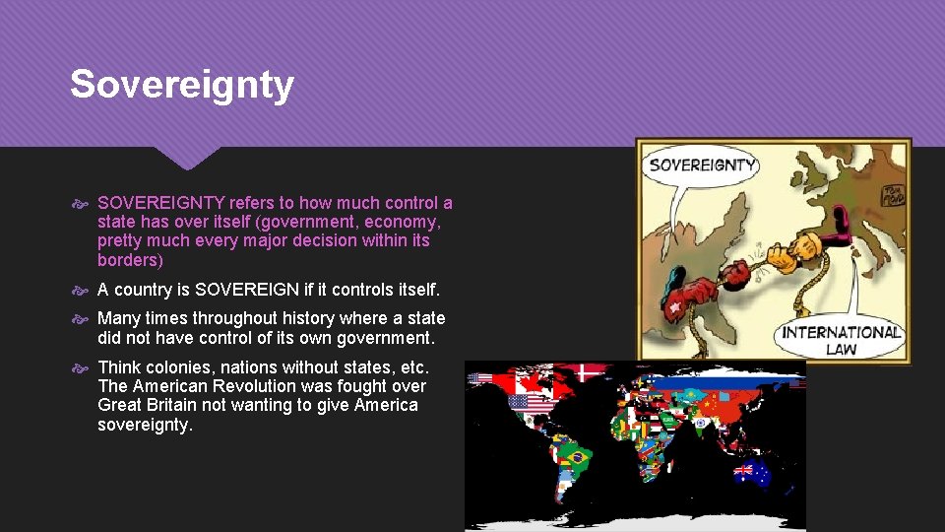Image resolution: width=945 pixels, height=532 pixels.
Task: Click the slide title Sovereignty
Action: point(182,85)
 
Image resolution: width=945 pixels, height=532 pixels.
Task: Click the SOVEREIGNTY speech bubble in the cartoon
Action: point(702,166)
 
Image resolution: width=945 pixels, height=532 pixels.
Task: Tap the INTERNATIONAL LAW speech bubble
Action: point(841,339)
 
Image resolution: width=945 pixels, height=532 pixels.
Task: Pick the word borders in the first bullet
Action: point(128,260)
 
